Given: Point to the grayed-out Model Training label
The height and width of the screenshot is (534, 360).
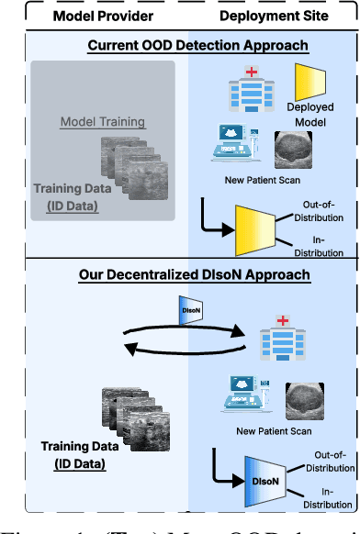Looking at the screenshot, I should tap(103, 122).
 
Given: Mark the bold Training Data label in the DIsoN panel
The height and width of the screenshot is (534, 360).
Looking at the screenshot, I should tap(73, 447).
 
